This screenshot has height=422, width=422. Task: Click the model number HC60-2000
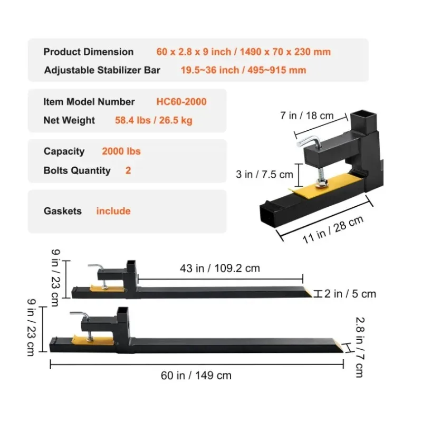coord(181,102)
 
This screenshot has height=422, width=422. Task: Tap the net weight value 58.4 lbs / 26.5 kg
coord(154,120)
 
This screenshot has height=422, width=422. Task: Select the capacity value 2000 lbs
coord(121,151)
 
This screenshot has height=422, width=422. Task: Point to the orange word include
coord(113,211)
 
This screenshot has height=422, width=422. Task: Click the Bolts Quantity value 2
coord(128,170)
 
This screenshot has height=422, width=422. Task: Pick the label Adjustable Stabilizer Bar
coord(102,70)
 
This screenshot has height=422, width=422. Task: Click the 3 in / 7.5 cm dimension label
coord(264,174)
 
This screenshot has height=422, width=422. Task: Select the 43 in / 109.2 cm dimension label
coord(220,268)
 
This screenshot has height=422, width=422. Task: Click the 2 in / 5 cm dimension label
coord(350,294)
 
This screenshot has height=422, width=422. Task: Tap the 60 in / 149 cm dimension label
coord(196,376)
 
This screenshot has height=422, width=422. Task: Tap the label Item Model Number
coord(89,102)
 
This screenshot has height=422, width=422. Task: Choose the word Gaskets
coord(63,211)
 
